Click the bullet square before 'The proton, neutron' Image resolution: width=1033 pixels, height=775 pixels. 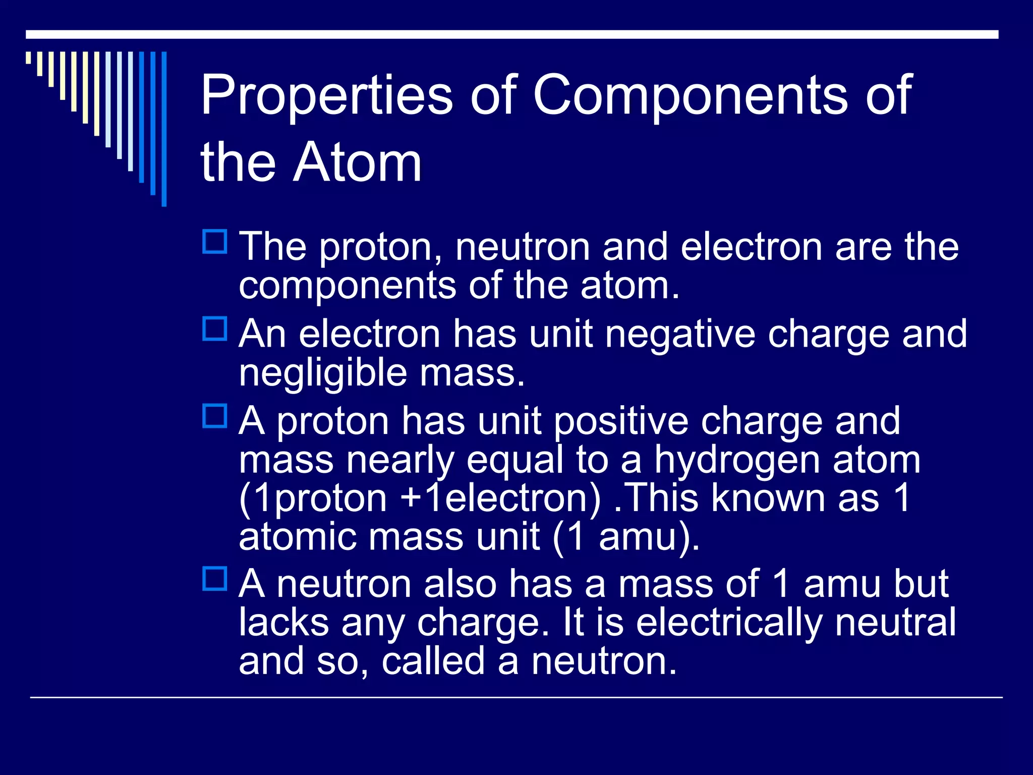coord(215,242)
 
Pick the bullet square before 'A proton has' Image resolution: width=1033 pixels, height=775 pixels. coord(215,416)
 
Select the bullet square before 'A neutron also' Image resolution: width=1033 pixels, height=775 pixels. coord(215,579)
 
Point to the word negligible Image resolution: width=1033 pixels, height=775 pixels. coord(323,373)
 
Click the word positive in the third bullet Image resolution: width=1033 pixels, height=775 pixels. coord(621,421)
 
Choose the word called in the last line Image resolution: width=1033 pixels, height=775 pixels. coord(433,661)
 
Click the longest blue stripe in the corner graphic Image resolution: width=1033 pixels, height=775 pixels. coord(164,129)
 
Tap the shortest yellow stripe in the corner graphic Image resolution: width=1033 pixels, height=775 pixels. coord(29,58)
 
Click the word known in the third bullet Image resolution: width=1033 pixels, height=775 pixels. coord(769,499)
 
